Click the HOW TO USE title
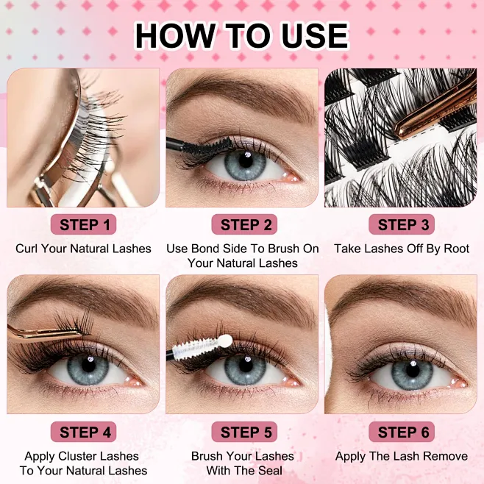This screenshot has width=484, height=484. pos(241,35)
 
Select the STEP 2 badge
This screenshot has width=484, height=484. pos(243,224)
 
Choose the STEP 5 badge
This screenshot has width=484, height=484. pos(243,432)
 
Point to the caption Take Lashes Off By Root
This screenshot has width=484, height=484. pos(402,249)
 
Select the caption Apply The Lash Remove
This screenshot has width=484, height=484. pos(402,456)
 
